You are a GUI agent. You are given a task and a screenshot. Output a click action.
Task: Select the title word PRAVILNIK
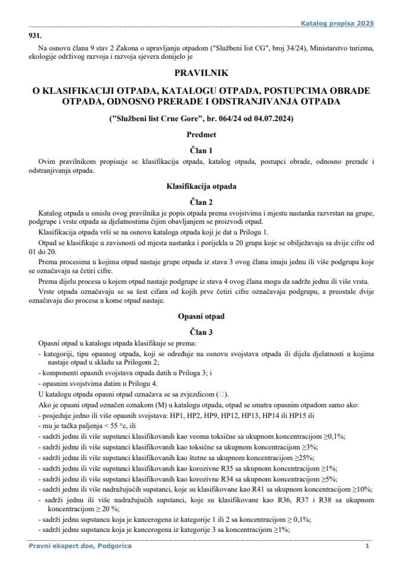[201, 73]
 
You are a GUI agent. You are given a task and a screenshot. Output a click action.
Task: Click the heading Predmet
[201, 135]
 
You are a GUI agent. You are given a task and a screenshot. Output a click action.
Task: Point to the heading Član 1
[201, 151]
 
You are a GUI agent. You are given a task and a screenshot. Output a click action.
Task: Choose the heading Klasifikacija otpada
[201, 186]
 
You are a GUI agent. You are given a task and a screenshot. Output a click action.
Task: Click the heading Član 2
[201, 201]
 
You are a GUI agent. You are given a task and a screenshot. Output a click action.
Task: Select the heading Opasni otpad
[201, 316]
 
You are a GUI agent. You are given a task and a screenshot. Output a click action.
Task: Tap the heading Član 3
[201, 331]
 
